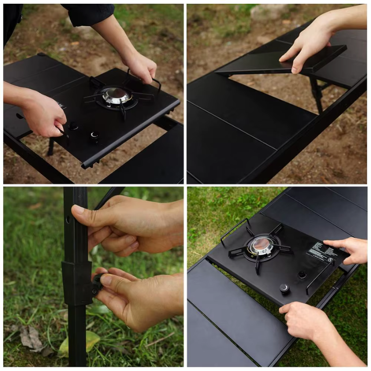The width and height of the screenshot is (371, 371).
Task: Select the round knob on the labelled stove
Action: (x=284, y=288)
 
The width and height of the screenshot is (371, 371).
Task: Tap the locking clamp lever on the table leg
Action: (x=98, y=282)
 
